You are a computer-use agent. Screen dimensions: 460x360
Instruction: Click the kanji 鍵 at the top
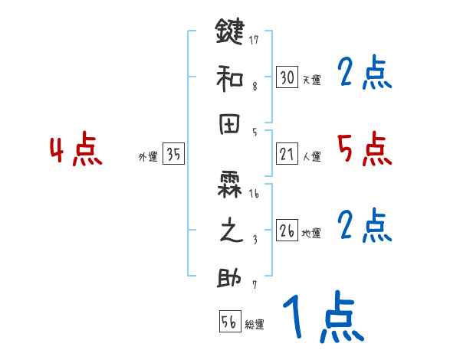click(x=230, y=34)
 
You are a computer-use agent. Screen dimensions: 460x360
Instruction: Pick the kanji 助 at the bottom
click(x=230, y=277)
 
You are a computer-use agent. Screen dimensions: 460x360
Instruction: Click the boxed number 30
click(x=287, y=77)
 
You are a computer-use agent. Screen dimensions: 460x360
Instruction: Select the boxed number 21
click(x=287, y=155)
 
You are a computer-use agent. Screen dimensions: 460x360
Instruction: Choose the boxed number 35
click(x=173, y=155)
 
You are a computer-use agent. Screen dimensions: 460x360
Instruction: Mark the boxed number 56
click(x=229, y=322)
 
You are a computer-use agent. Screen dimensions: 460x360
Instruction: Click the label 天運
click(x=311, y=80)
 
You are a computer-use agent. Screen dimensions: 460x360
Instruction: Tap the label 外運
click(x=148, y=157)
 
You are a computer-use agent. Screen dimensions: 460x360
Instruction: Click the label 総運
click(x=255, y=324)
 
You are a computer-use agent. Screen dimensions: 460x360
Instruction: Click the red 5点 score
click(x=363, y=149)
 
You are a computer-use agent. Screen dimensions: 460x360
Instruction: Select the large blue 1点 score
click(x=322, y=317)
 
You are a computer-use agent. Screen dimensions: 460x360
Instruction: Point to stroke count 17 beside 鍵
click(x=255, y=40)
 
